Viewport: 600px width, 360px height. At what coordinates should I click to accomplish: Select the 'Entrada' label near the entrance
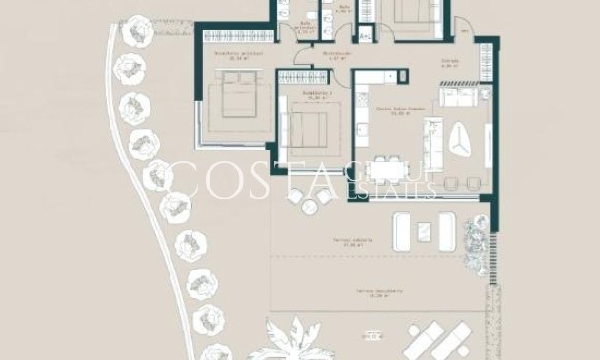450,63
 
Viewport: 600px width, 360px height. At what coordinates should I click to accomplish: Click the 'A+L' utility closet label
365,36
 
